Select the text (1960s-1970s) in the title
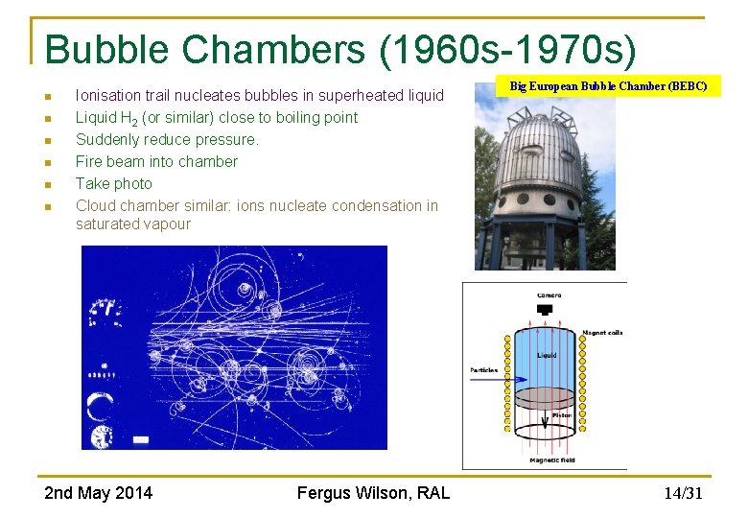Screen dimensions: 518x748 coord(507,50)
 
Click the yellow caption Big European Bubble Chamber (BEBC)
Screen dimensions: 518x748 coord(608,86)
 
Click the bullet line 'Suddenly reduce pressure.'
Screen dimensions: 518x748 coord(167,139)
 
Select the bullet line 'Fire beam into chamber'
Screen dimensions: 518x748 coord(156,161)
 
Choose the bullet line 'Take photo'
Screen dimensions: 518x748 coord(113,183)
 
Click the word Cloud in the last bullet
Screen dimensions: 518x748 coord(96,205)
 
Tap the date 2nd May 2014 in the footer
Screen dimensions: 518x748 coord(98,493)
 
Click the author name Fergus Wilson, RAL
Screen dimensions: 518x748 coord(373,493)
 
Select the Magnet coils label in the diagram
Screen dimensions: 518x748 coord(602,333)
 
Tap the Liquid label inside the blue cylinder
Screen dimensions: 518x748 coord(547,355)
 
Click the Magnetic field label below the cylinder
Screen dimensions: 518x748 coord(551,460)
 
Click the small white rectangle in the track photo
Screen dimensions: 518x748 coord(141,439)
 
